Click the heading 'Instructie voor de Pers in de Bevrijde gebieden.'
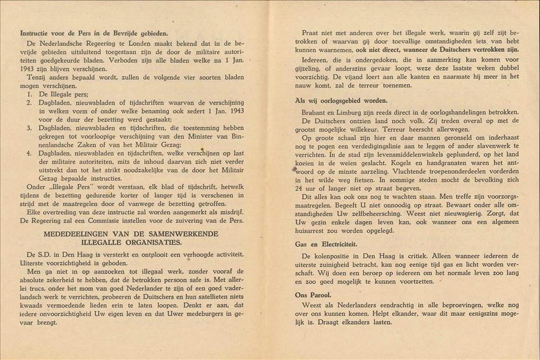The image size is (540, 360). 93,33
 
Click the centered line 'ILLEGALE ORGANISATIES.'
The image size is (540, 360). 132,242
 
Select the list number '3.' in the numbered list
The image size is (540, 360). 29,128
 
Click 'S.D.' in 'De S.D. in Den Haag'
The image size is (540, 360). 48,254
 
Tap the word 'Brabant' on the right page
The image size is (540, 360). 314,112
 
